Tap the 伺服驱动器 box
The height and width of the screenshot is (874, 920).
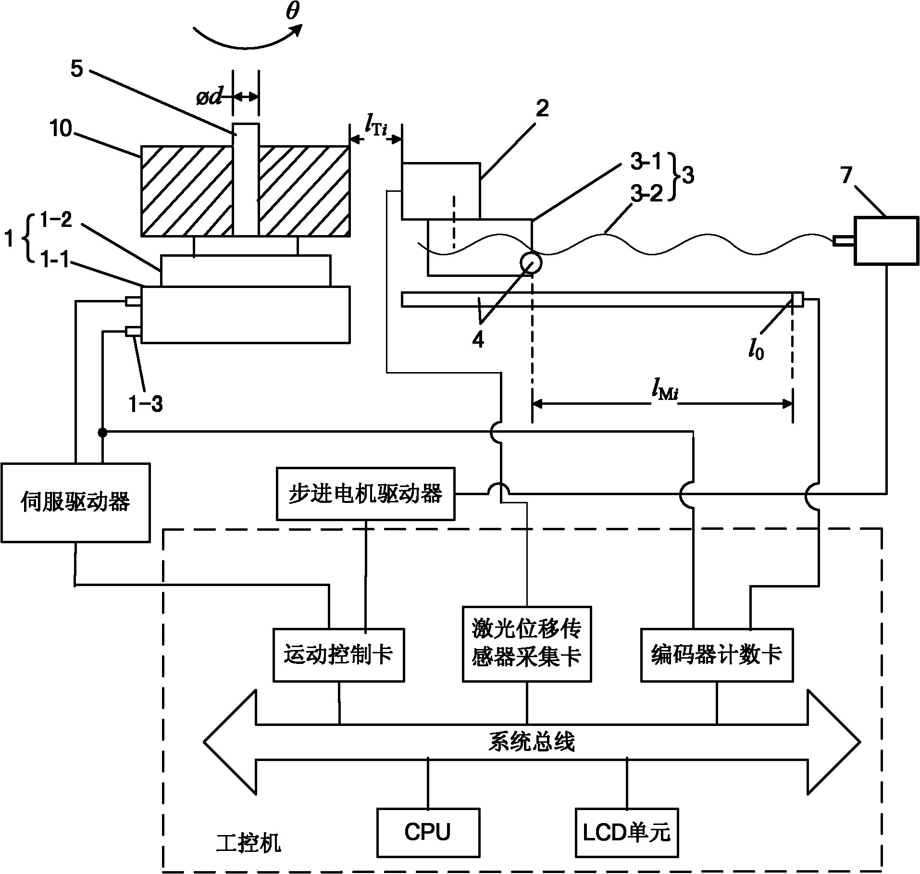75,502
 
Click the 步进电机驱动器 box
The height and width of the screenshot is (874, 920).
365,494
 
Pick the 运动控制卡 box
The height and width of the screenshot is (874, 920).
338,655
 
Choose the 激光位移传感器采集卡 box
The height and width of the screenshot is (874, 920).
527,644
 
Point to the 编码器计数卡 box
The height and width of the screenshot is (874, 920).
716,655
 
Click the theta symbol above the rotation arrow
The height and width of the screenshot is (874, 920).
292,13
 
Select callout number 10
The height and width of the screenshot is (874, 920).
61,128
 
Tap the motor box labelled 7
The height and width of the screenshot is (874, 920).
885,240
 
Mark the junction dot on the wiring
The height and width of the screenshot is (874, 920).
102,433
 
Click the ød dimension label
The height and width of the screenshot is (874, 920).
209,98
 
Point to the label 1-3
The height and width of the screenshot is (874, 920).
146,404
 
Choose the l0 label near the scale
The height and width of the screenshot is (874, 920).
756,351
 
